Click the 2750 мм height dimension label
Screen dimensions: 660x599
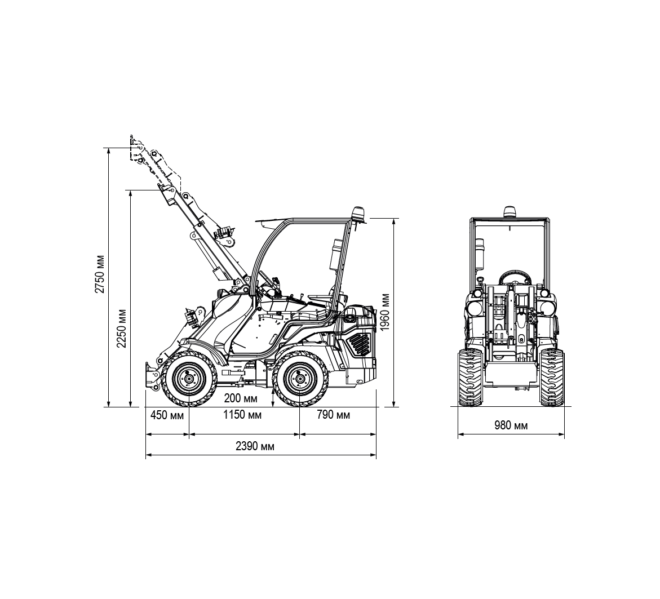(x=100, y=274)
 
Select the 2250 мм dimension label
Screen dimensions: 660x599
(x=122, y=329)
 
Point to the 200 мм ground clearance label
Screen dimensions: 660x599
(x=241, y=398)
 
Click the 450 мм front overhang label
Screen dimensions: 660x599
(x=167, y=415)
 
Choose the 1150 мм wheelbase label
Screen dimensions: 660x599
(x=242, y=415)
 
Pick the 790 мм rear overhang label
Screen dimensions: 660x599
(x=333, y=415)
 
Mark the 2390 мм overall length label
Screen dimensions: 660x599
(x=255, y=446)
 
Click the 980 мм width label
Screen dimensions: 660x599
(x=511, y=425)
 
